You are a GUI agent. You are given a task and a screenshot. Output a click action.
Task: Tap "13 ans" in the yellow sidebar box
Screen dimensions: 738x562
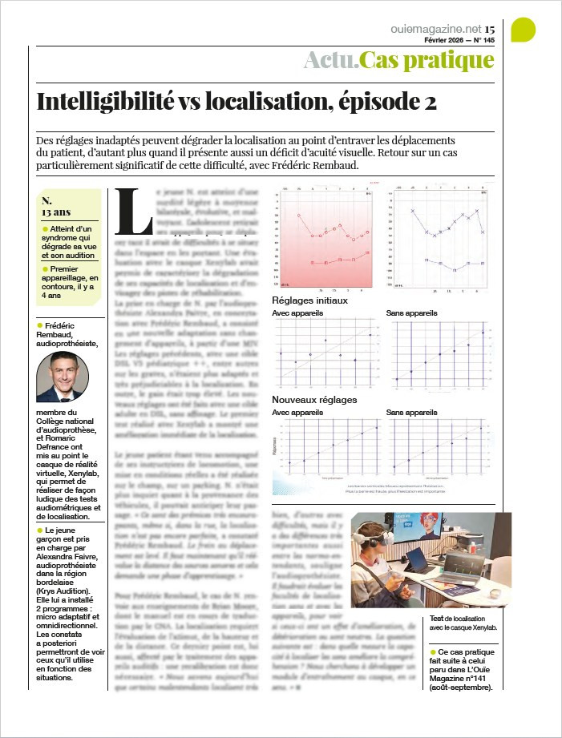[57, 212]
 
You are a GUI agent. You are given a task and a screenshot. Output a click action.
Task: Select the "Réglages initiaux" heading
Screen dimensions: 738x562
[309, 300]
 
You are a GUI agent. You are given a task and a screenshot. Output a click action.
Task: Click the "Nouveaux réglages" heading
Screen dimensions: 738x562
[314, 399]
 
